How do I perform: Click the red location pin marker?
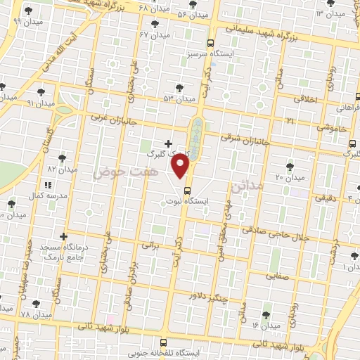pyautogui.click(x=181, y=166)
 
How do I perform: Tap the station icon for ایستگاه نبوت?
pyautogui.click(x=188, y=190)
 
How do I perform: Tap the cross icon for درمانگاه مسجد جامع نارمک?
pyautogui.click(x=64, y=236)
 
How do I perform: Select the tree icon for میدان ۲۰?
pyautogui.click(x=290, y=167)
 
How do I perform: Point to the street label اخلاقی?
pyautogui.click(x=304, y=99)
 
